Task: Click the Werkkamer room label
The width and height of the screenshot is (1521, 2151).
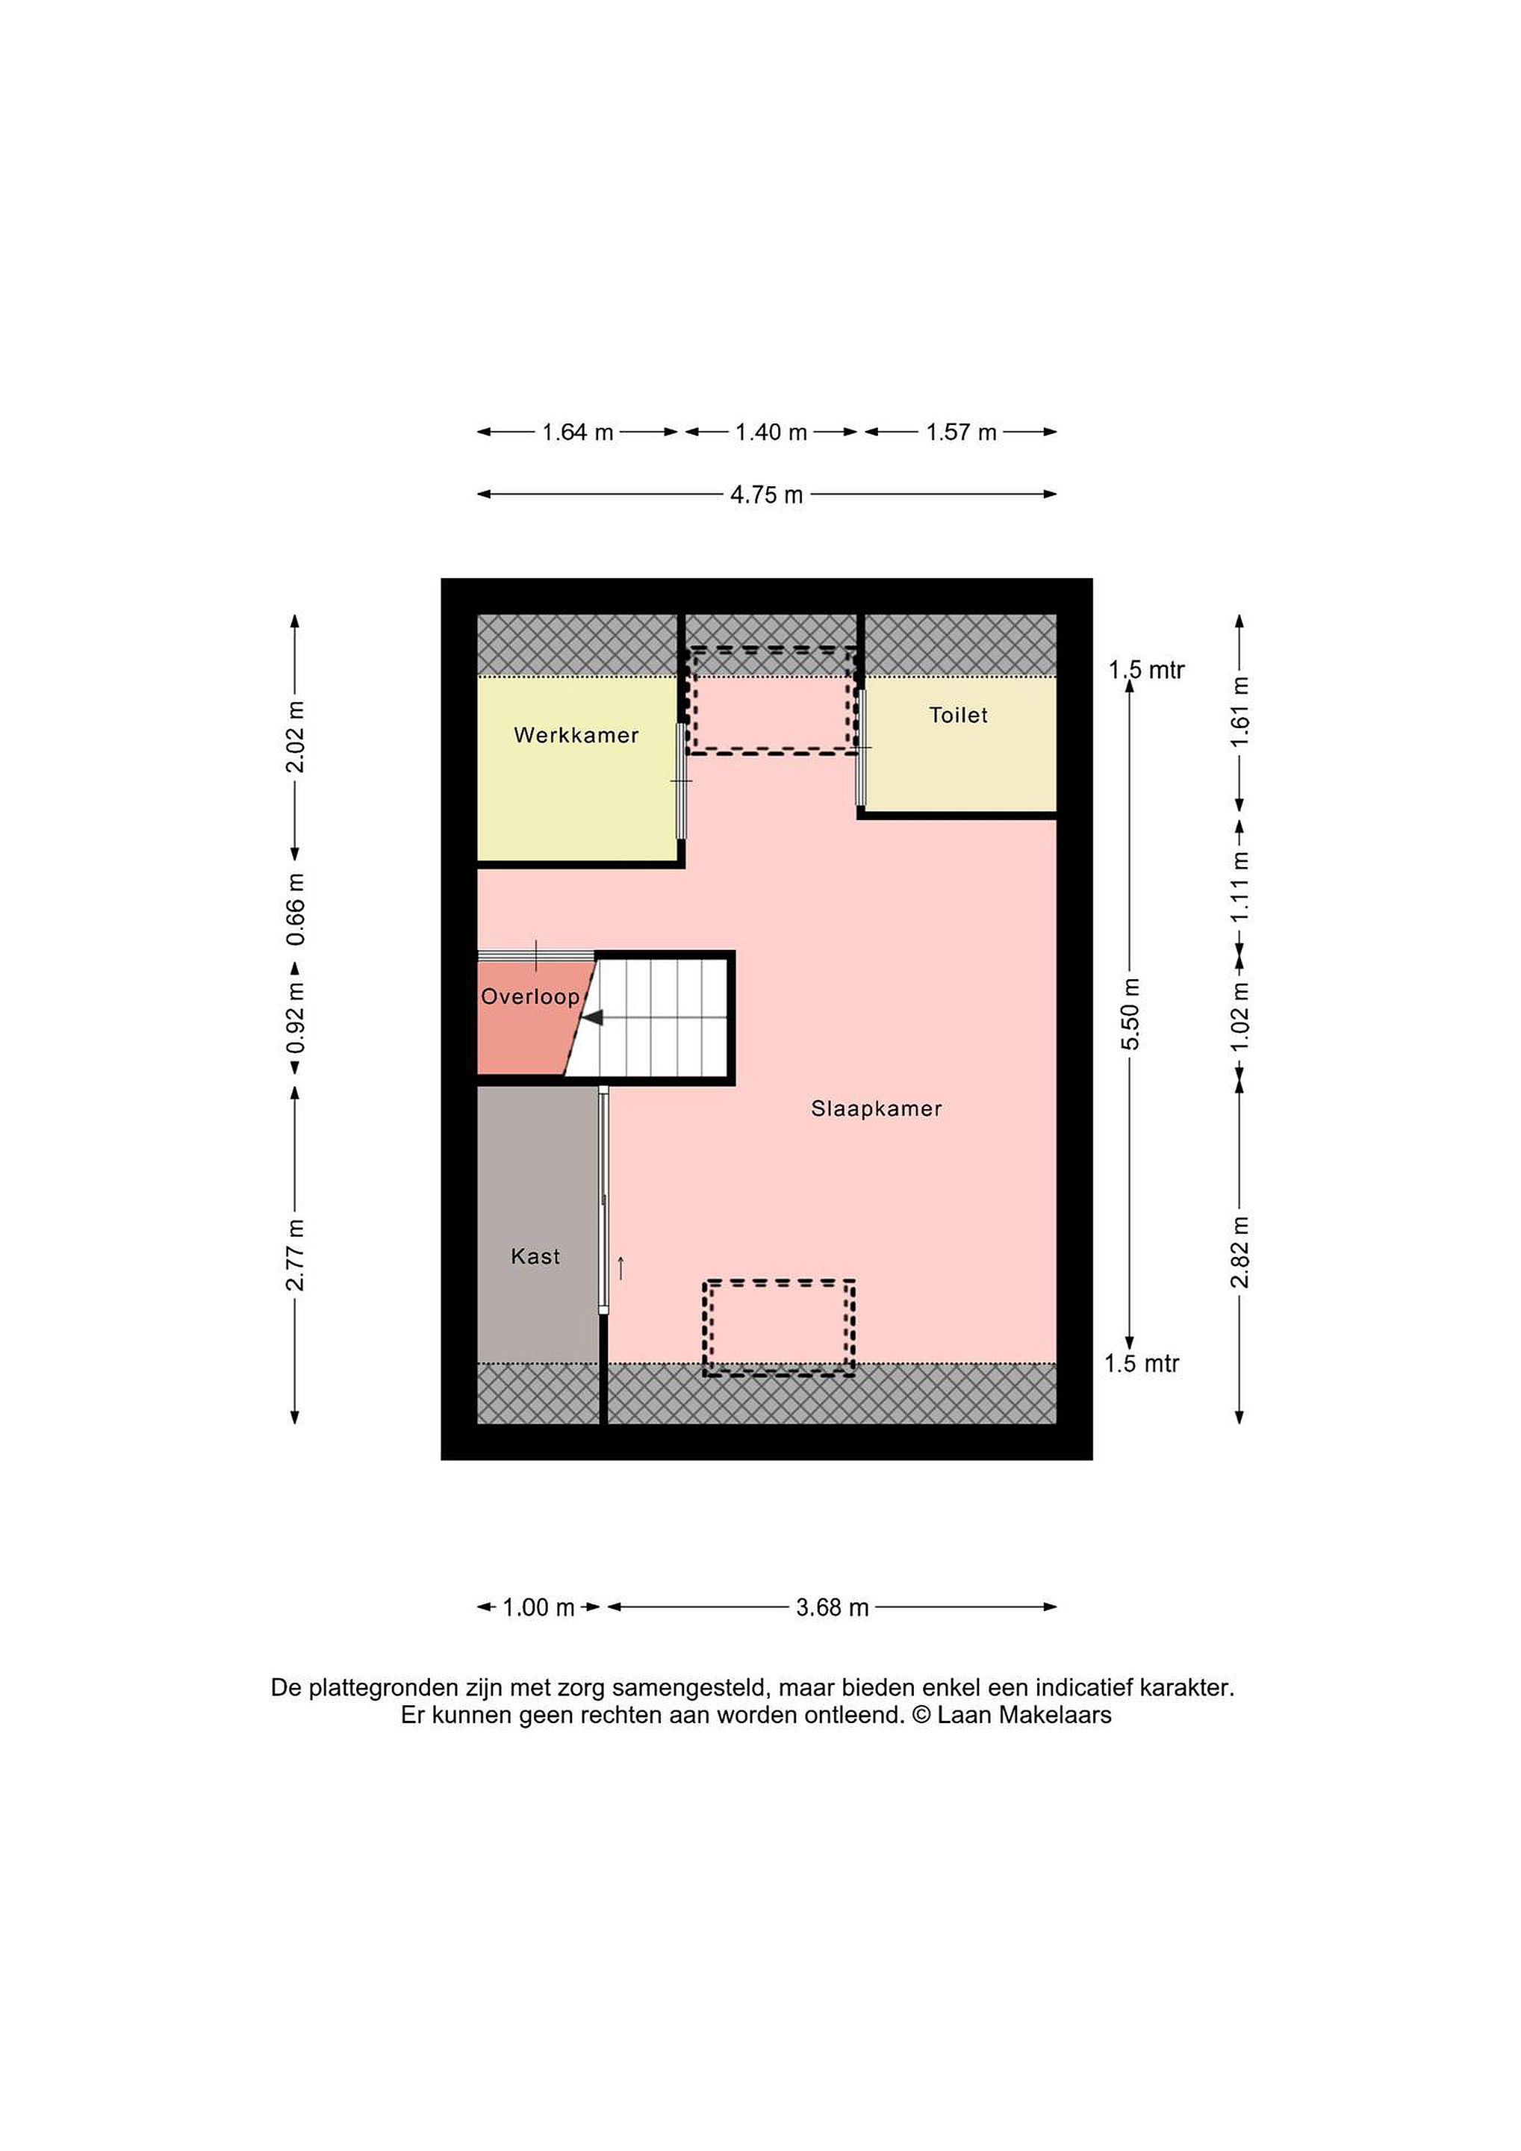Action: [x=576, y=736]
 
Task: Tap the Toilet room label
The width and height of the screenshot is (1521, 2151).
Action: [x=958, y=715]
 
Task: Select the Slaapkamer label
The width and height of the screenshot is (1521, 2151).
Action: [x=876, y=1109]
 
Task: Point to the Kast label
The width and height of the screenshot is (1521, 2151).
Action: [x=535, y=1256]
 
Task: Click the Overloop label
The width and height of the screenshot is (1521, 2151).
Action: [x=530, y=997]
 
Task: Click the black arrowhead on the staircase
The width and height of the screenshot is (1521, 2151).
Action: [x=593, y=1018]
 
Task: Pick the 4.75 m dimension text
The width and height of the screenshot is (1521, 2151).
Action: [x=767, y=494]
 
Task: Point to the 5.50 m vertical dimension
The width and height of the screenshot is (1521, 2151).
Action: [x=1130, y=1014]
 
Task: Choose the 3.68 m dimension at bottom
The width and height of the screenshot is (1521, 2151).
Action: [x=833, y=1607]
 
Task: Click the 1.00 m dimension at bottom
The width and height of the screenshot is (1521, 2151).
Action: [x=538, y=1607]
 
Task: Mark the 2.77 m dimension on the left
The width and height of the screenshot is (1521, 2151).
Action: [x=296, y=1255]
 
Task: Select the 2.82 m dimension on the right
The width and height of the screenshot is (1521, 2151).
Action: [x=1240, y=1252]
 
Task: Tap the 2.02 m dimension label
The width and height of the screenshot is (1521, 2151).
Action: [x=296, y=736]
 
